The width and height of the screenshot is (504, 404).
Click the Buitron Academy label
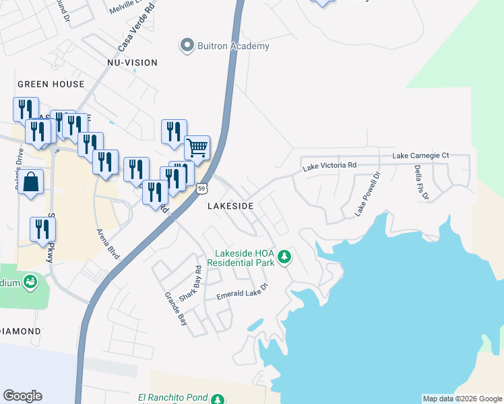click(233, 46)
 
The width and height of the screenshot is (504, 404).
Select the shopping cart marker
click(197, 147)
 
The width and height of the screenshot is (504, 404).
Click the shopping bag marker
click(31, 182)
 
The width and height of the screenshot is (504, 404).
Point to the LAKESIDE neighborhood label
click(230, 206)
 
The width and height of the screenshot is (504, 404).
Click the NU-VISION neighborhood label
click(132, 63)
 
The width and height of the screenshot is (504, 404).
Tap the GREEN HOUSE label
click(51, 84)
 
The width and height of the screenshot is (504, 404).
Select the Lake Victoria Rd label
click(329, 164)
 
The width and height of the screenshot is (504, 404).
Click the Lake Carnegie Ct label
click(421, 156)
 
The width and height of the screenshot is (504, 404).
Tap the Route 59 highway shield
click(201, 189)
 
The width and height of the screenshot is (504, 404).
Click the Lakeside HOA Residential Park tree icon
click(285, 256)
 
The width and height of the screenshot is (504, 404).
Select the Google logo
click(22, 396)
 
